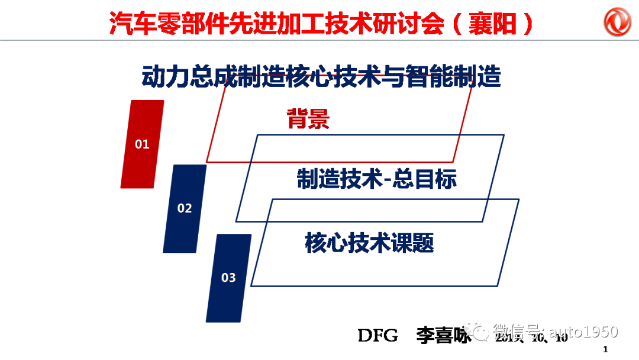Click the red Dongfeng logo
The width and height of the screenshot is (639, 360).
tap(618, 22)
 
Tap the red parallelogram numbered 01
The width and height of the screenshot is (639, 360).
tap(142, 144)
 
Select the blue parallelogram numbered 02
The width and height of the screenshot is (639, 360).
tap(185, 208)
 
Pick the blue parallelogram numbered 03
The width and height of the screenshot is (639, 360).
tap(228, 277)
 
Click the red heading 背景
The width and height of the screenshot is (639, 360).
tap(308, 119)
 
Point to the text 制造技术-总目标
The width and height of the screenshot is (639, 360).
tap(376, 179)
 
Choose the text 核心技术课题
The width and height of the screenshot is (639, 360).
tap(369, 242)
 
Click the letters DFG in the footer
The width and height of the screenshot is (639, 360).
tap(378, 336)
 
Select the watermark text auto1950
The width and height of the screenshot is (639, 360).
tap(583, 332)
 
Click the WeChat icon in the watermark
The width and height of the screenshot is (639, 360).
tap(477, 332)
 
